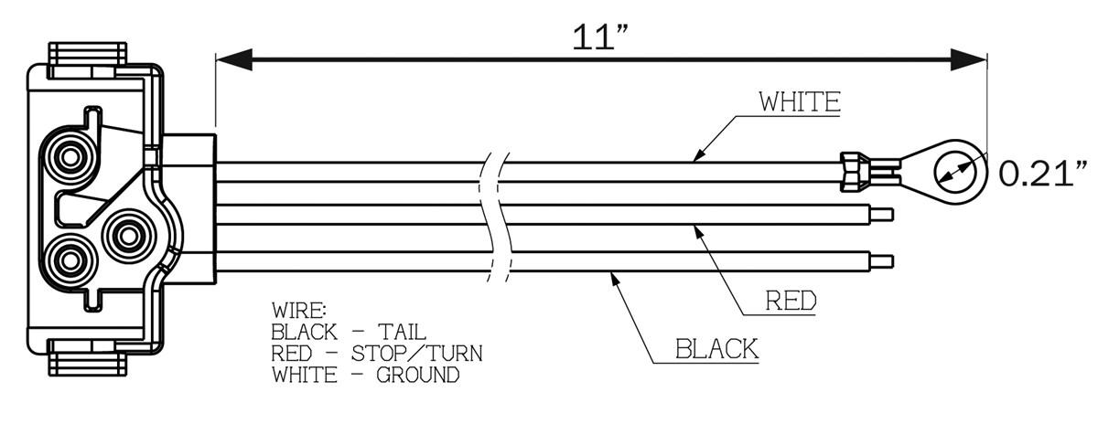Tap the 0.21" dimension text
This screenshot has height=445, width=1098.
[1042, 171]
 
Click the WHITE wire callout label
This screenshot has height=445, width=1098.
[799, 101]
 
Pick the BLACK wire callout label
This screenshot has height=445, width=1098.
[716, 348]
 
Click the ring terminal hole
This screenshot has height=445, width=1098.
[953, 168]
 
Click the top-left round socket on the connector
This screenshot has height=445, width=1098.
[69, 159]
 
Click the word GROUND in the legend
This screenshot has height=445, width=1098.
[417, 375]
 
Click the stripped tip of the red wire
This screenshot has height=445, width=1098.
[880, 216]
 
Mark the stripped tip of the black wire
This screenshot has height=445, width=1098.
[880, 261]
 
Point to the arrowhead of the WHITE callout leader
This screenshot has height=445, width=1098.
[698, 156]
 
